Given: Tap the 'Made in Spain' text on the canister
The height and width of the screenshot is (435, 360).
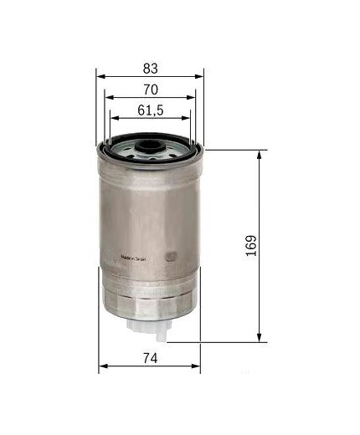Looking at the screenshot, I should coord(134,258).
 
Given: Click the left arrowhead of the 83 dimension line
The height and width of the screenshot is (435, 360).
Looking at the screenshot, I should coord(101,75).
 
